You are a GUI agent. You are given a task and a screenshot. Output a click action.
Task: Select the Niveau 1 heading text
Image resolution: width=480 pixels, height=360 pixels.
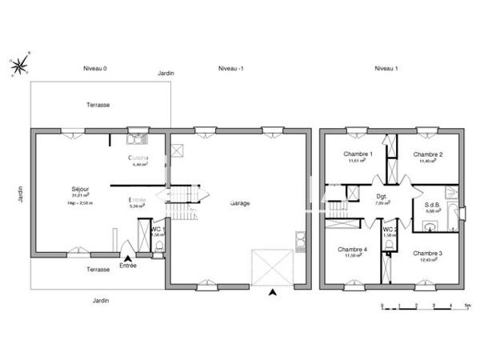pos(386,68)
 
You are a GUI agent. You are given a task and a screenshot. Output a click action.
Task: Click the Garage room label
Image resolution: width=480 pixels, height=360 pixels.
pos(239,202)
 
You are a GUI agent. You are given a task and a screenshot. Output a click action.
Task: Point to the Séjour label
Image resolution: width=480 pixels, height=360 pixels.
pos(79,188)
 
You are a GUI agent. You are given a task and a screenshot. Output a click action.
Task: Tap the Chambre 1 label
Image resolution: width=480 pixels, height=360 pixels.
pos(358,154)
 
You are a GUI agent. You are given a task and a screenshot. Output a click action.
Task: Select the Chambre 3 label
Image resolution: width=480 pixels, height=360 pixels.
pos(427,253)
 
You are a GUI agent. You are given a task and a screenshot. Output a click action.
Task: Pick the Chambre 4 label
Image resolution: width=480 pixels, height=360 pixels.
pos(353,248)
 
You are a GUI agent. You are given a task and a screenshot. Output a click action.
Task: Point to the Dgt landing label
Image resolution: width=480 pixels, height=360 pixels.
pos(382,196)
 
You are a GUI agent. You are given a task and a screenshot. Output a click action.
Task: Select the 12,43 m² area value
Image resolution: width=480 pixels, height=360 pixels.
pos(427,259)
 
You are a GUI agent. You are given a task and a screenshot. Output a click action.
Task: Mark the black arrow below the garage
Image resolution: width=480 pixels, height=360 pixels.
pos(274,293)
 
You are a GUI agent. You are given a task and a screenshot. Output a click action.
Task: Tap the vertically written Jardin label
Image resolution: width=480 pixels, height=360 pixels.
pos(18,196)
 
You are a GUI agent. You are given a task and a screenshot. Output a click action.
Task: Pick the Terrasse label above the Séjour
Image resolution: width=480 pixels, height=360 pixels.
pos(99,105)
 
